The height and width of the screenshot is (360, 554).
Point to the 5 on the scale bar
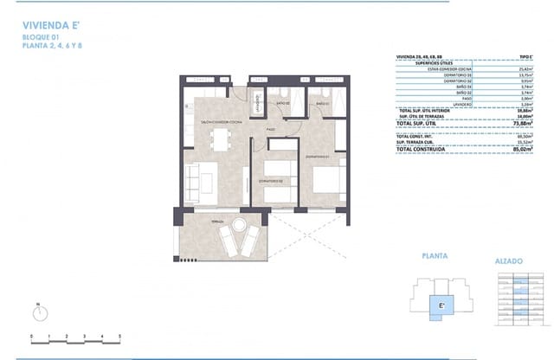tap(119, 334)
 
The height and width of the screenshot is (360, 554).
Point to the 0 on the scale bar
tap(31, 334)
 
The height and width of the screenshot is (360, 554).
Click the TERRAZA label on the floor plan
tap(216, 222)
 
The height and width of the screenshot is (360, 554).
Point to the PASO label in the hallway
tap(270, 129)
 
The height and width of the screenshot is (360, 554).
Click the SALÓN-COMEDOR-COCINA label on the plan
tap(220, 123)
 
